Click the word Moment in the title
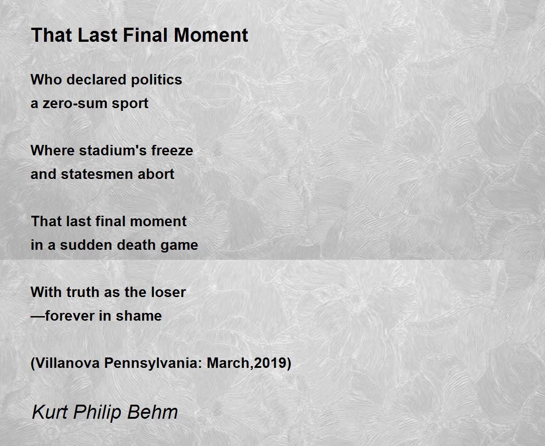211,35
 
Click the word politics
157,80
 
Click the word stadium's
113,150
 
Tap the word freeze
172,150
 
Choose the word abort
156,174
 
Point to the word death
136,245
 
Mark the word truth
83,292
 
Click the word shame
139,316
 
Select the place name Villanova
67,363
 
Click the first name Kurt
50,412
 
